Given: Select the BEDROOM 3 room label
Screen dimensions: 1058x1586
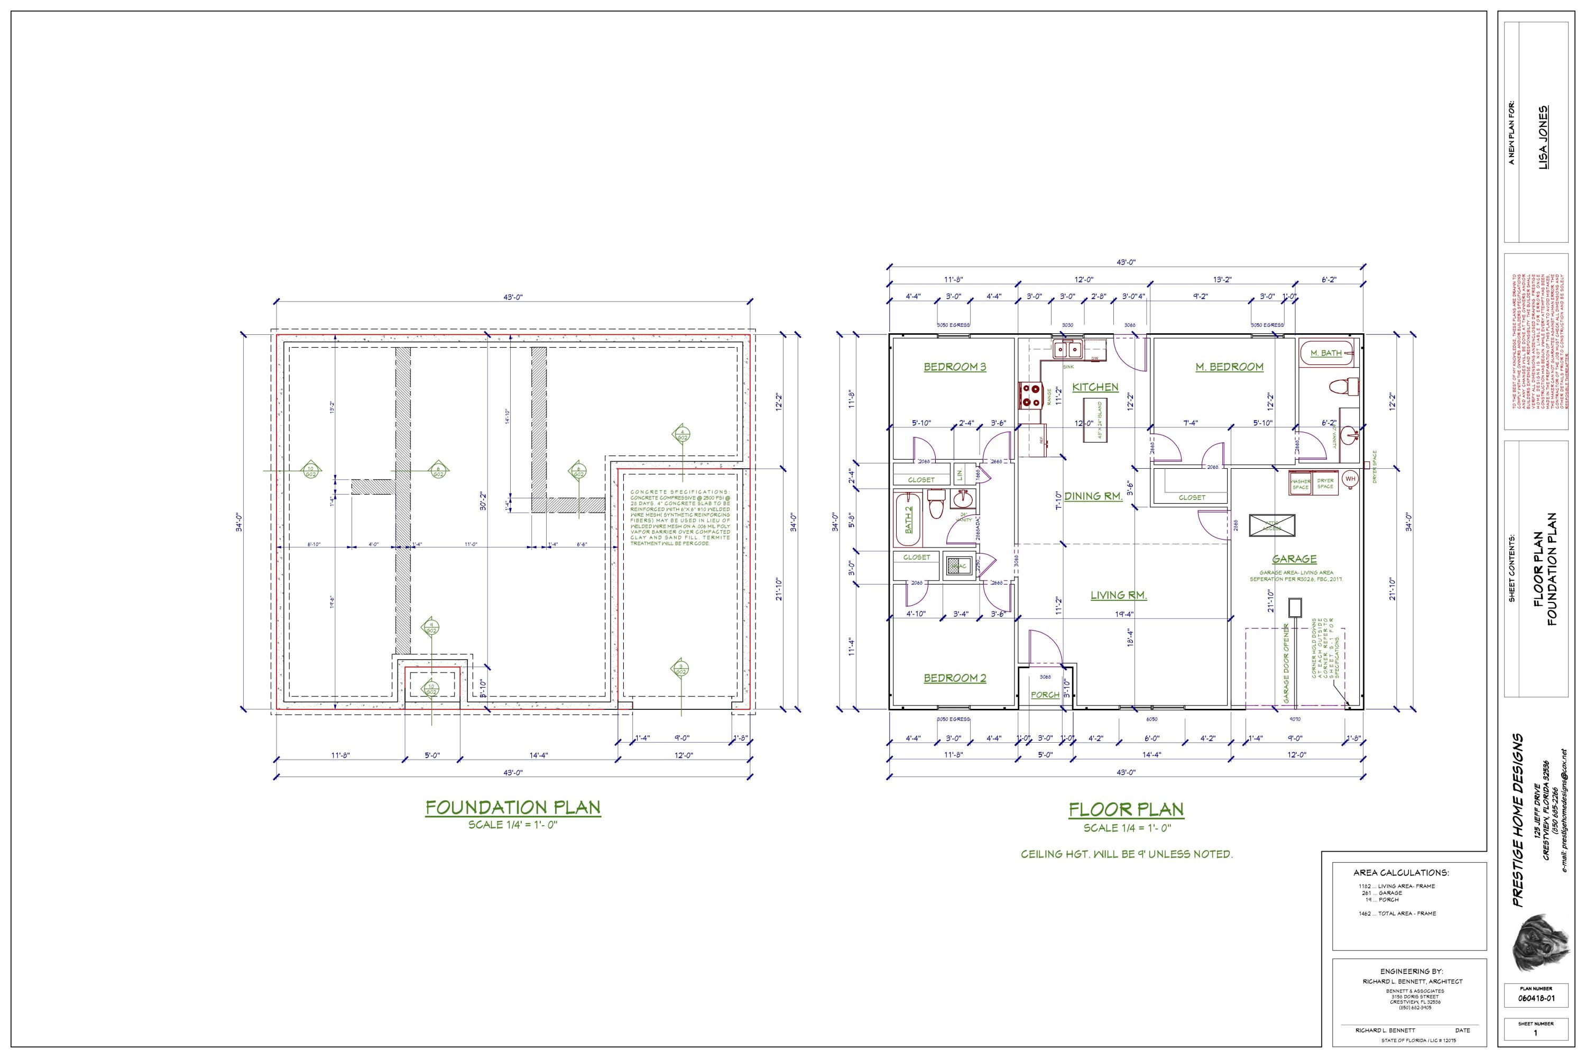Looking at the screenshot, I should [955, 367].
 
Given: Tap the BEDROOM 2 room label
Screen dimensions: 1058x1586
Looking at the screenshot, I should [955, 678].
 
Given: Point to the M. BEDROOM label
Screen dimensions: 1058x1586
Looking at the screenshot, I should [1229, 367].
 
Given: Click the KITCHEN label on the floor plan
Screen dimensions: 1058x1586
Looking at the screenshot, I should [1095, 387].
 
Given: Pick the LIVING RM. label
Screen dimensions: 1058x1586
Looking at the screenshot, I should [1119, 595].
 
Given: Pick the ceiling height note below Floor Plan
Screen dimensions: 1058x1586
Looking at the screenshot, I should [1126, 854].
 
